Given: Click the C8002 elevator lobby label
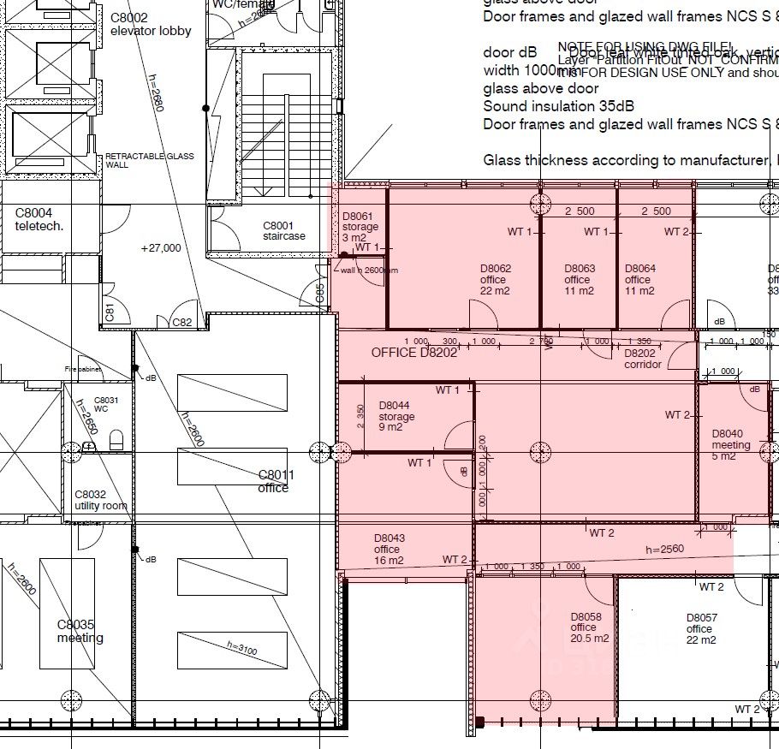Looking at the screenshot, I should tap(151, 24).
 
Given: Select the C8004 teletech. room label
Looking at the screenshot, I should tap(34, 220).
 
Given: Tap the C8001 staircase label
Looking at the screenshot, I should tap(283, 231).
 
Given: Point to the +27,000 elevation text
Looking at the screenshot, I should tap(161, 248).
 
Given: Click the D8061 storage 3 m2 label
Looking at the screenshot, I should tap(359, 227).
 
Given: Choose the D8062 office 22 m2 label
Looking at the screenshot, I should tap(496, 279).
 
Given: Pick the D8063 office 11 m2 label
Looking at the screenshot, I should tap(580, 279).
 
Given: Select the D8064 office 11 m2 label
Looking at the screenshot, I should tap(640, 279).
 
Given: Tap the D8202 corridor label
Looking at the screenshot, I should tap(642, 359).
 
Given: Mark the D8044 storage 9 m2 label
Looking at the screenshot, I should tap(396, 416).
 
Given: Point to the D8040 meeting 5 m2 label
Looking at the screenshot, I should tap(731, 444).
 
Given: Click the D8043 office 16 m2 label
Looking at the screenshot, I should tap(389, 550).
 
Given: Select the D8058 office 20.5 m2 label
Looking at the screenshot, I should tap(590, 627).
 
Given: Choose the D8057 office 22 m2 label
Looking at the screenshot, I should tap(701, 629).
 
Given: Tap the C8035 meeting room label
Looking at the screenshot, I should tap(80, 631).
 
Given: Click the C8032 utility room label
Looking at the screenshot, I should tap(100, 500).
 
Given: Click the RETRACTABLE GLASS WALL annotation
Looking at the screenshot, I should tap(149, 160).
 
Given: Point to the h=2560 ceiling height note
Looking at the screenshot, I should tap(664, 549).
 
